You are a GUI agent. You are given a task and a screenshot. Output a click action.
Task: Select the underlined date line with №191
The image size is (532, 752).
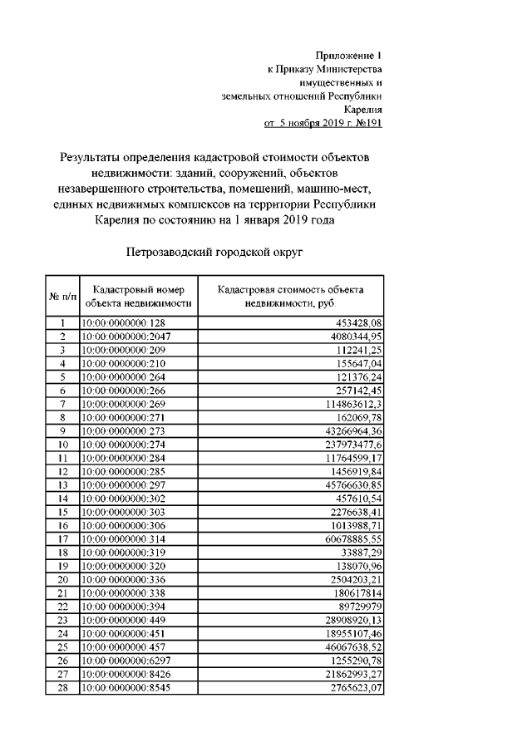click(323, 123)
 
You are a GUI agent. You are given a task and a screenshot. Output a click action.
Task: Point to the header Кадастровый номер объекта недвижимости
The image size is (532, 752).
click(138, 297)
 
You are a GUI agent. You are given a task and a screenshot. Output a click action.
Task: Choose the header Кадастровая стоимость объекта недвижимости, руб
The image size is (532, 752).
click(291, 297)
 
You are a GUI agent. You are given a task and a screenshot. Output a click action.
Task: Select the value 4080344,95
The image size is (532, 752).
click(352, 336)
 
